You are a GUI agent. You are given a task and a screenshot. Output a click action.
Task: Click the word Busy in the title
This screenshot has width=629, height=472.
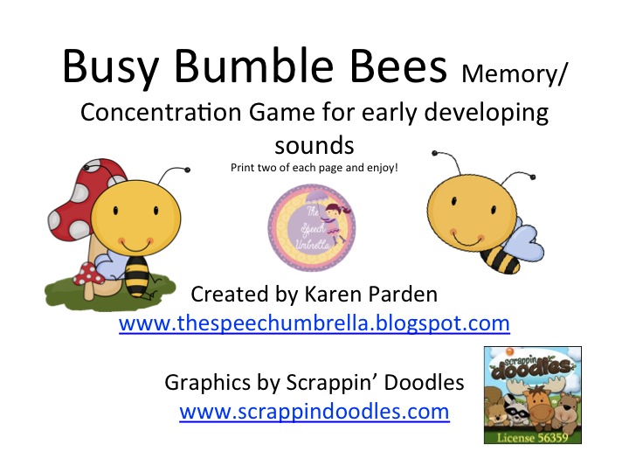pyautogui.click(x=110, y=66)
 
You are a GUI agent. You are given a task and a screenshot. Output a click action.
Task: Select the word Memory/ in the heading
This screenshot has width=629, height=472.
pyautogui.click(x=515, y=74)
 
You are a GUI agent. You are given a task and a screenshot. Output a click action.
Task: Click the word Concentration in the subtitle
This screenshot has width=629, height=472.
pyautogui.click(x=161, y=112)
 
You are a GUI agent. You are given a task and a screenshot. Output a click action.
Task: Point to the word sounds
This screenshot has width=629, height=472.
pyautogui.click(x=314, y=146)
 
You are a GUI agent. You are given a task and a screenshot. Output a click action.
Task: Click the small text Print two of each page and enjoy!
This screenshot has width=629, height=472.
pyautogui.click(x=314, y=168)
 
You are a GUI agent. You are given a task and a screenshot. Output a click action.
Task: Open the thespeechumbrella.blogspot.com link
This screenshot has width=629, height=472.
pyautogui.click(x=314, y=323)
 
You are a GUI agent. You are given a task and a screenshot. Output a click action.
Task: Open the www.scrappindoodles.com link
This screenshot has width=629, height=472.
pyautogui.click(x=314, y=412)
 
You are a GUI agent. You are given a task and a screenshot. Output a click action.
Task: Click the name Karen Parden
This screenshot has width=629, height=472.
pyautogui.click(x=371, y=295)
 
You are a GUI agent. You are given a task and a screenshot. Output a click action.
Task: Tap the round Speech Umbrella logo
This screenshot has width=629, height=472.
pyautogui.click(x=312, y=227)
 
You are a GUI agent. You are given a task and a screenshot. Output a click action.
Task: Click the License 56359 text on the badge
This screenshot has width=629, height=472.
pyautogui.click(x=532, y=438)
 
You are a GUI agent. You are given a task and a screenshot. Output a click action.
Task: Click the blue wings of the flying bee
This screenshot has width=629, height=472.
pyautogui.click(x=523, y=241)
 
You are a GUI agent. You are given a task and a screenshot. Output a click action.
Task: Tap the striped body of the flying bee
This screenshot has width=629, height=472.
pyautogui.click(x=500, y=260)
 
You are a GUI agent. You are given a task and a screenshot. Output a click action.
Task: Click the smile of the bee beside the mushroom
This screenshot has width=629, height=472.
pyautogui.click(x=135, y=246)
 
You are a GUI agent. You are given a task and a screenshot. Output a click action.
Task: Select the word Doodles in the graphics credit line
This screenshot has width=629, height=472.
pyautogui.click(x=424, y=382)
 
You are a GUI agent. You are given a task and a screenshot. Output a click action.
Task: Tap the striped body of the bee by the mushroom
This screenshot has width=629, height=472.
pyautogui.click(x=137, y=276)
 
